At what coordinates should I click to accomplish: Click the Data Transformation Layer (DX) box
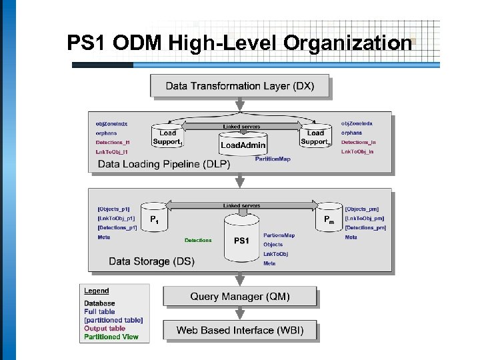click(239, 86)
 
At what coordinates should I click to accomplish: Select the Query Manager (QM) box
click(239, 296)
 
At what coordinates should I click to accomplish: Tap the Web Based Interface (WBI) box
click(239, 330)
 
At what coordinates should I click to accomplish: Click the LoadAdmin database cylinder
click(243, 143)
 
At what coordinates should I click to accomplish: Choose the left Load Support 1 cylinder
click(167, 135)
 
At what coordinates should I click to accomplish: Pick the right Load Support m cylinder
click(315, 135)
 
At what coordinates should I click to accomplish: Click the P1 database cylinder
click(154, 217)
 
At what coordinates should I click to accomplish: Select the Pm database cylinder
click(329, 217)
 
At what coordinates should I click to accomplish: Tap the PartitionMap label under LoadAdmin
click(272, 159)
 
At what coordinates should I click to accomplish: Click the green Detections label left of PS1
click(198, 241)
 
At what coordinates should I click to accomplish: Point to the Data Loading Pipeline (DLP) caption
click(163, 164)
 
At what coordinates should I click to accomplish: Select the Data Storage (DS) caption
click(151, 261)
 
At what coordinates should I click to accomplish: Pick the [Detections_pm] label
click(365, 228)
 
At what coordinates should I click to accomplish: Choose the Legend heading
click(96, 291)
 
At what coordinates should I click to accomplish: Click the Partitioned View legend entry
click(111, 337)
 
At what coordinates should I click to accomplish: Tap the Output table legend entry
click(104, 328)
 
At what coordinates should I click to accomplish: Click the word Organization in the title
click(347, 43)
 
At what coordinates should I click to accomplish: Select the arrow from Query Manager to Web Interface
click(239, 314)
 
